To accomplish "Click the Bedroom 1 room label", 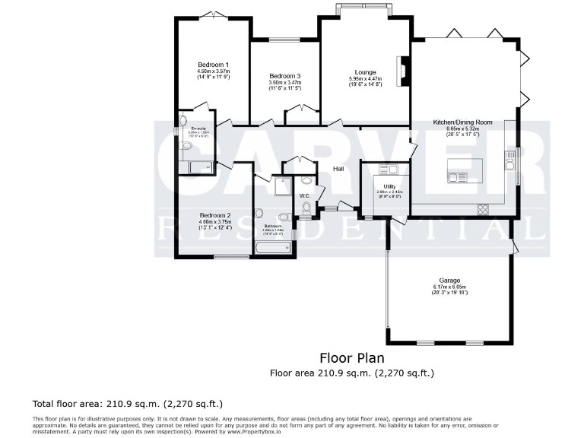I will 214,65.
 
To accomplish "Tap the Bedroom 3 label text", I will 285,76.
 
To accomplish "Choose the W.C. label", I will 304,195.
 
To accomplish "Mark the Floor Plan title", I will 351,357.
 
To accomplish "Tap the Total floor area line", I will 127,403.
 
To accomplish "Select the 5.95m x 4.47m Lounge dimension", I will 365,80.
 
